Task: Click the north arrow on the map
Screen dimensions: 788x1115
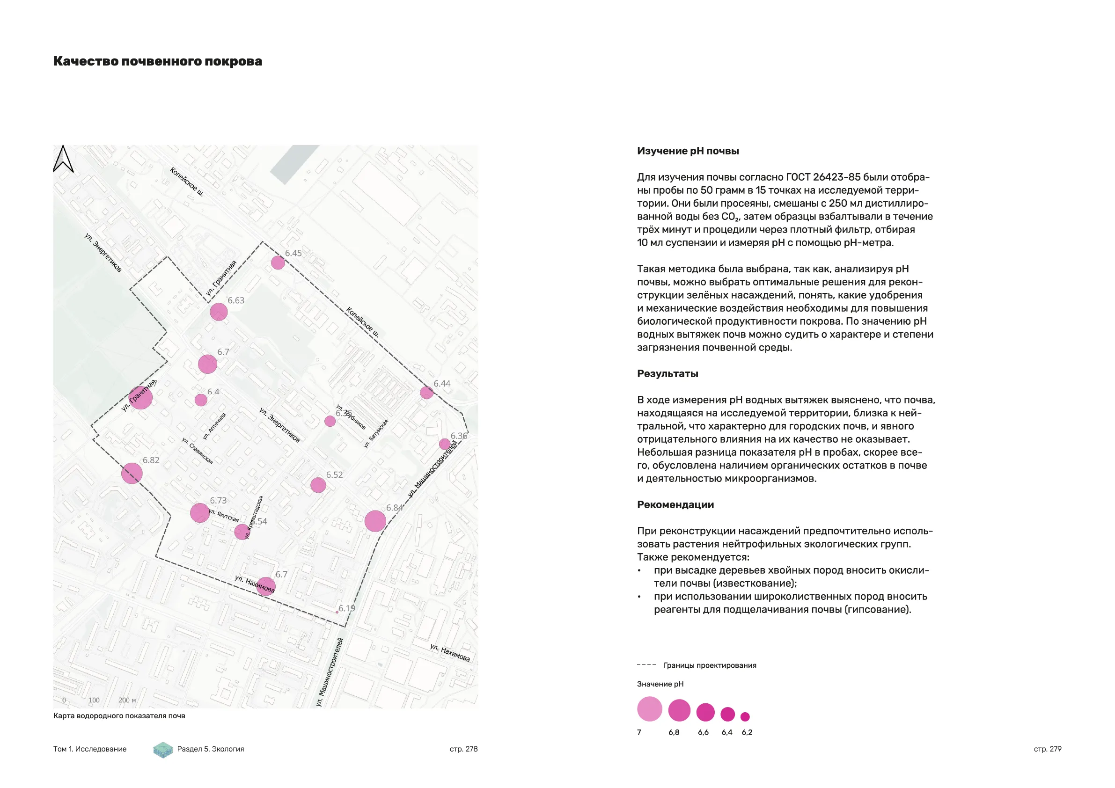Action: pyautogui.click(x=63, y=159)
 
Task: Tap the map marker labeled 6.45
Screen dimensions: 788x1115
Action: pyautogui.click(x=278, y=263)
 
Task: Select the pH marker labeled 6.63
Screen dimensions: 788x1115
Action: pyautogui.click(x=219, y=312)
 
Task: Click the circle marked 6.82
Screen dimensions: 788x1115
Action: pyautogui.click(x=132, y=474)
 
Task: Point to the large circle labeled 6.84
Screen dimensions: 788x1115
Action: pyautogui.click(x=375, y=521)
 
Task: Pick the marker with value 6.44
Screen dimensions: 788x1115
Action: pyautogui.click(x=426, y=393)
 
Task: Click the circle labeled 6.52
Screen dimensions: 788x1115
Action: pyautogui.click(x=318, y=485)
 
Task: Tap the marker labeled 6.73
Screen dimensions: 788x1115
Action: pyautogui.click(x=199, y=513)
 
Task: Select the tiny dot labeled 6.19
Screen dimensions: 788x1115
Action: pyautogui.click(x=337, y=612)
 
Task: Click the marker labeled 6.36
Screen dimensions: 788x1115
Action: pyautogui.click(x=444, y=444)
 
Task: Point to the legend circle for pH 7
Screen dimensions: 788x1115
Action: pyautogui.click(x=649, y=709)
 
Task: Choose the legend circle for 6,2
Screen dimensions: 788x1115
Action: pyautogui.click(x=745, y=716)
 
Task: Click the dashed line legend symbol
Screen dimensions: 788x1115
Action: pyautogui.click(x=646, y=665)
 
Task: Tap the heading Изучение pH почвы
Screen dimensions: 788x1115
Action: pyautogui.click(x=688, y=151)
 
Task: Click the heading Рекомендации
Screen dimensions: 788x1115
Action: pyautogui.click(x=675, y=504)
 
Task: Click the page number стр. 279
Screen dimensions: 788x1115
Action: pyautogui.click(x=1048, y=749)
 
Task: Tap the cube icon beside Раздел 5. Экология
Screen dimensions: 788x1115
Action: pyautogui.click(x=163, y=750)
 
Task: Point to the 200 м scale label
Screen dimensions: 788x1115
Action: pyautogui.click(x=127, y=700)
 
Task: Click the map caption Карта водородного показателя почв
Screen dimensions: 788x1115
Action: pyautogui.click(x=119, y=715)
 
